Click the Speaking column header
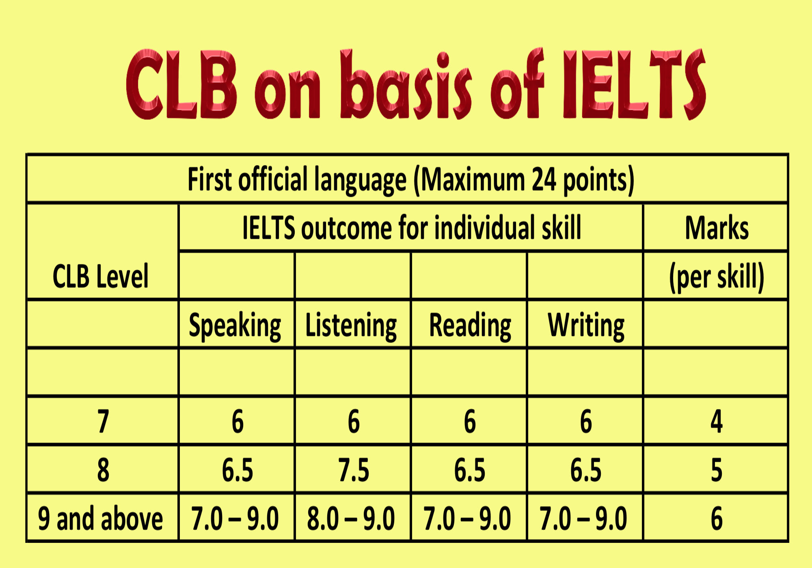click(235, 326)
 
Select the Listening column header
click(351, 326)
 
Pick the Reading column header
click(470, 326)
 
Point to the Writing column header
click(586, 326)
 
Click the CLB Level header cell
click(101, 276)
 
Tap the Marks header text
click(717, 228)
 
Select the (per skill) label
click(717, 277)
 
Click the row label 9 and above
click(100, 519)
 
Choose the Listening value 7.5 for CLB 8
click(354, 470)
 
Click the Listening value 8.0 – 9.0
click(351, 519)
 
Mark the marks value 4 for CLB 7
click(717, 422)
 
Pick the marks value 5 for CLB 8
click(717, 470)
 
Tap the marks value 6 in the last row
click(717, 519)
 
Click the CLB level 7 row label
click(103, 422)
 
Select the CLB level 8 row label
click(103, 470)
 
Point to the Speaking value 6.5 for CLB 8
click(238, 470)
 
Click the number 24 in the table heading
click(544, 179)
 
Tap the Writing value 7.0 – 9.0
click(583, 519)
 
